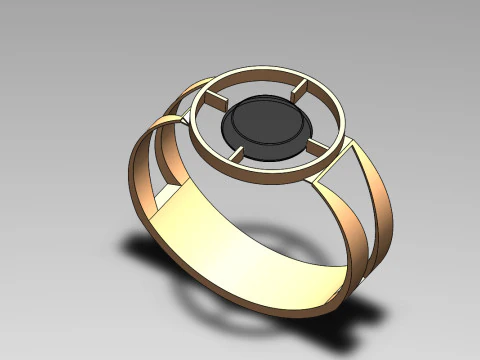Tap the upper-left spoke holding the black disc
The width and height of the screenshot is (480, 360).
[215, 100]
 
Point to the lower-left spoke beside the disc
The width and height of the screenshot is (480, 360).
[237, 155]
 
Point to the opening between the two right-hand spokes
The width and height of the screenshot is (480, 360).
[322, 118]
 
